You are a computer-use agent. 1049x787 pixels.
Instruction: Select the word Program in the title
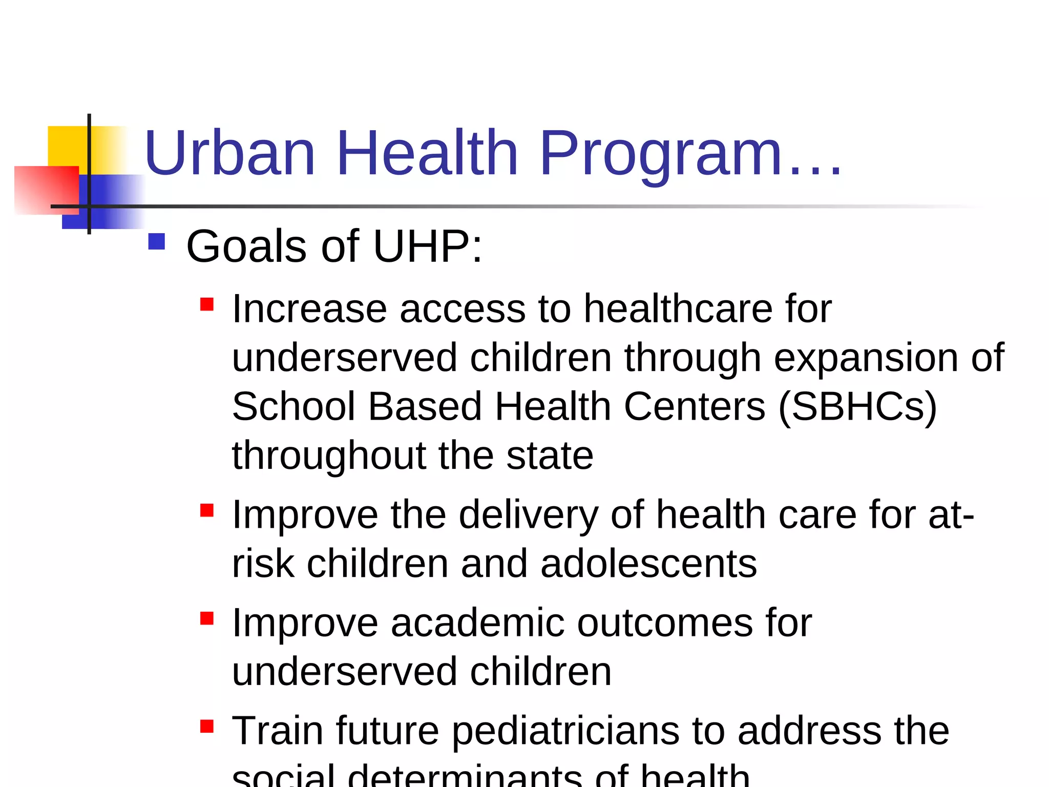pos(661,154)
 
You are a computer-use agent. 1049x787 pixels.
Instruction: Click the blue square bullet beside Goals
pos(156,242)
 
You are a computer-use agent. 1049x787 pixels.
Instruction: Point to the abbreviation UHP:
pos(428,246)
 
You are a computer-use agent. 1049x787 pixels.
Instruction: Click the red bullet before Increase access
pos(207,305)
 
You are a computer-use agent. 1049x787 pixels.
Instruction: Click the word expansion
pos(866,357)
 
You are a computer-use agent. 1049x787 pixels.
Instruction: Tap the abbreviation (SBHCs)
pos(857,406)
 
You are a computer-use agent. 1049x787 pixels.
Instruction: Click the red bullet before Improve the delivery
pos(207,510)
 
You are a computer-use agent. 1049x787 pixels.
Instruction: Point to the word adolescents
pos(648,564)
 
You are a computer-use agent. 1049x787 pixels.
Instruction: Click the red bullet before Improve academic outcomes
pos(207,618)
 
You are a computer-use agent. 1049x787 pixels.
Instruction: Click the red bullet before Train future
pos(207,727)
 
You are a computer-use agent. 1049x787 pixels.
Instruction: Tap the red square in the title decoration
pos(46,190)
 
